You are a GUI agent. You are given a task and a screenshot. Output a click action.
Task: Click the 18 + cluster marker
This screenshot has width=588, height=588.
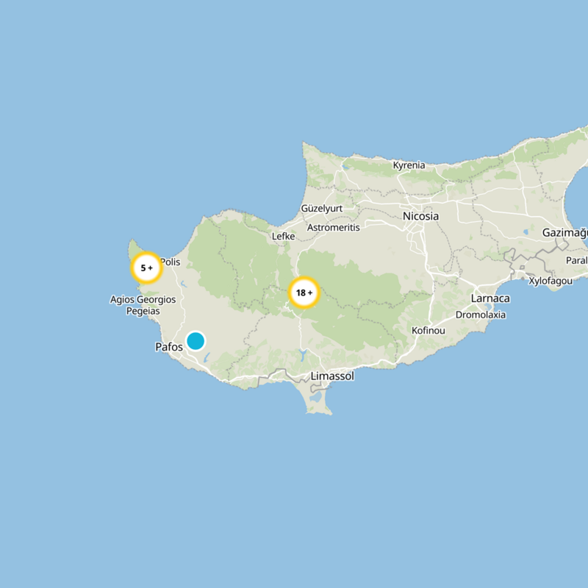click(304, 293)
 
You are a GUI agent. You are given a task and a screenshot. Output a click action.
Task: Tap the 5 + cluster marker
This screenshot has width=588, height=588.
click(146, 268)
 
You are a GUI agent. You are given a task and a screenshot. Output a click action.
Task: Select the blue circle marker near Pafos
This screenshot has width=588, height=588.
click(195, 341)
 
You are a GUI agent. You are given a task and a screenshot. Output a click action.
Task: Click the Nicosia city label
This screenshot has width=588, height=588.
click(420, 216)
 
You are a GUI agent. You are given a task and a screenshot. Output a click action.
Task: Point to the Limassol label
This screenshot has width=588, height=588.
click(332, 376)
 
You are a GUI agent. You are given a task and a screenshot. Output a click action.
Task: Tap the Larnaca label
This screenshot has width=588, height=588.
click(490, 298)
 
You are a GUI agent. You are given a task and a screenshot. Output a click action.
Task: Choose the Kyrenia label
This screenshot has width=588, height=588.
click(409, 165)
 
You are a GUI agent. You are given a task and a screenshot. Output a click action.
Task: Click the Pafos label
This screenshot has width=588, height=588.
click(169, 347)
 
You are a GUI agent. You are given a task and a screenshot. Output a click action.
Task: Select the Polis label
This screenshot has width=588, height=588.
click(170, 262)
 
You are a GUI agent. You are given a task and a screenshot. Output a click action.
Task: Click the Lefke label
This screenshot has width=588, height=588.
click(283, 237)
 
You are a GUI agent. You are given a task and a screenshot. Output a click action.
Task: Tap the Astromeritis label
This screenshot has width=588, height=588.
click(333, 228)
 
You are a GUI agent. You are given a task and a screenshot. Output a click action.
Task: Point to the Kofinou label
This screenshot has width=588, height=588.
click(429, 331)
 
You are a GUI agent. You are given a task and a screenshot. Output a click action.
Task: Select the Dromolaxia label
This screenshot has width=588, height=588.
click(481, 315)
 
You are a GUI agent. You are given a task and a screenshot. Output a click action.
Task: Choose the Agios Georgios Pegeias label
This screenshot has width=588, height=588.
click(144, 305)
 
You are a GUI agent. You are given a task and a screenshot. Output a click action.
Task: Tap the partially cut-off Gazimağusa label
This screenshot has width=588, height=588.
click(565, 233)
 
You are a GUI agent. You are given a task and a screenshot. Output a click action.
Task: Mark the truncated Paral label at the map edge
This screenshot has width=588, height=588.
click(577, 260)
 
